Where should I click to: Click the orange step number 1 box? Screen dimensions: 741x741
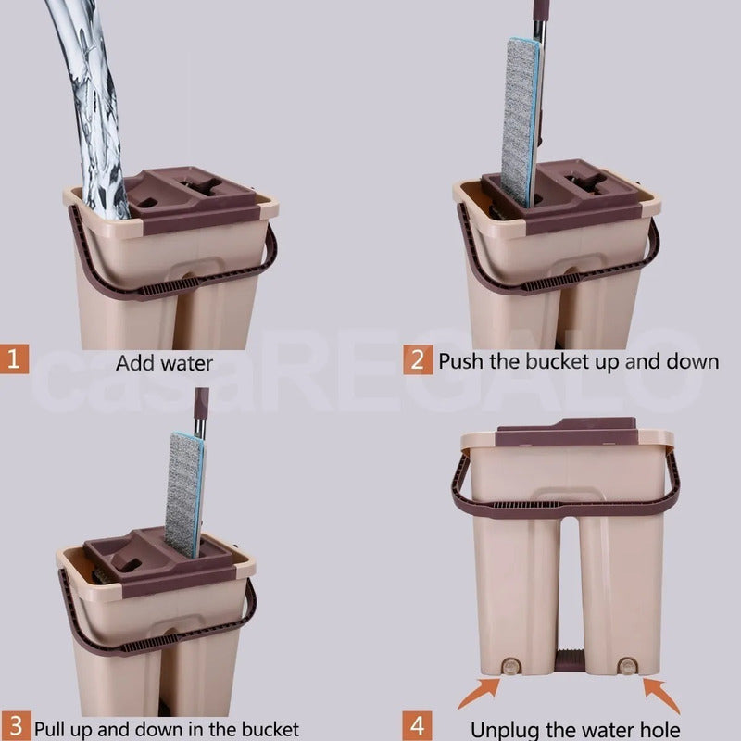14,358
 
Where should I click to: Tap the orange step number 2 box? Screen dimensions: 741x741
418,359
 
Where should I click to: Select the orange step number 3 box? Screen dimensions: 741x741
15,726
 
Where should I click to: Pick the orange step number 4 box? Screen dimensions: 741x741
418,726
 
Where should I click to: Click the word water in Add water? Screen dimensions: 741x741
187,363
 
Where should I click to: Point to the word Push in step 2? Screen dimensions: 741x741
461,361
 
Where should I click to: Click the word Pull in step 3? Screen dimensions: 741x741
51,729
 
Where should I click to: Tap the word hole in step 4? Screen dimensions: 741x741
659,729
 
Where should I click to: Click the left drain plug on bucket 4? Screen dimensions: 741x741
511,666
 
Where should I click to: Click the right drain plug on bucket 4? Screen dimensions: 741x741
628,666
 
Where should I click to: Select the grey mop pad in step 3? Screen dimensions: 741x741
184,494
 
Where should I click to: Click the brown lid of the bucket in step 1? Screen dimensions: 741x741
192,198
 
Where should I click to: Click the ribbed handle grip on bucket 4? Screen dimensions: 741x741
524,504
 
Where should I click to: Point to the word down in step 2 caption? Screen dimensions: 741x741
693,361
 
